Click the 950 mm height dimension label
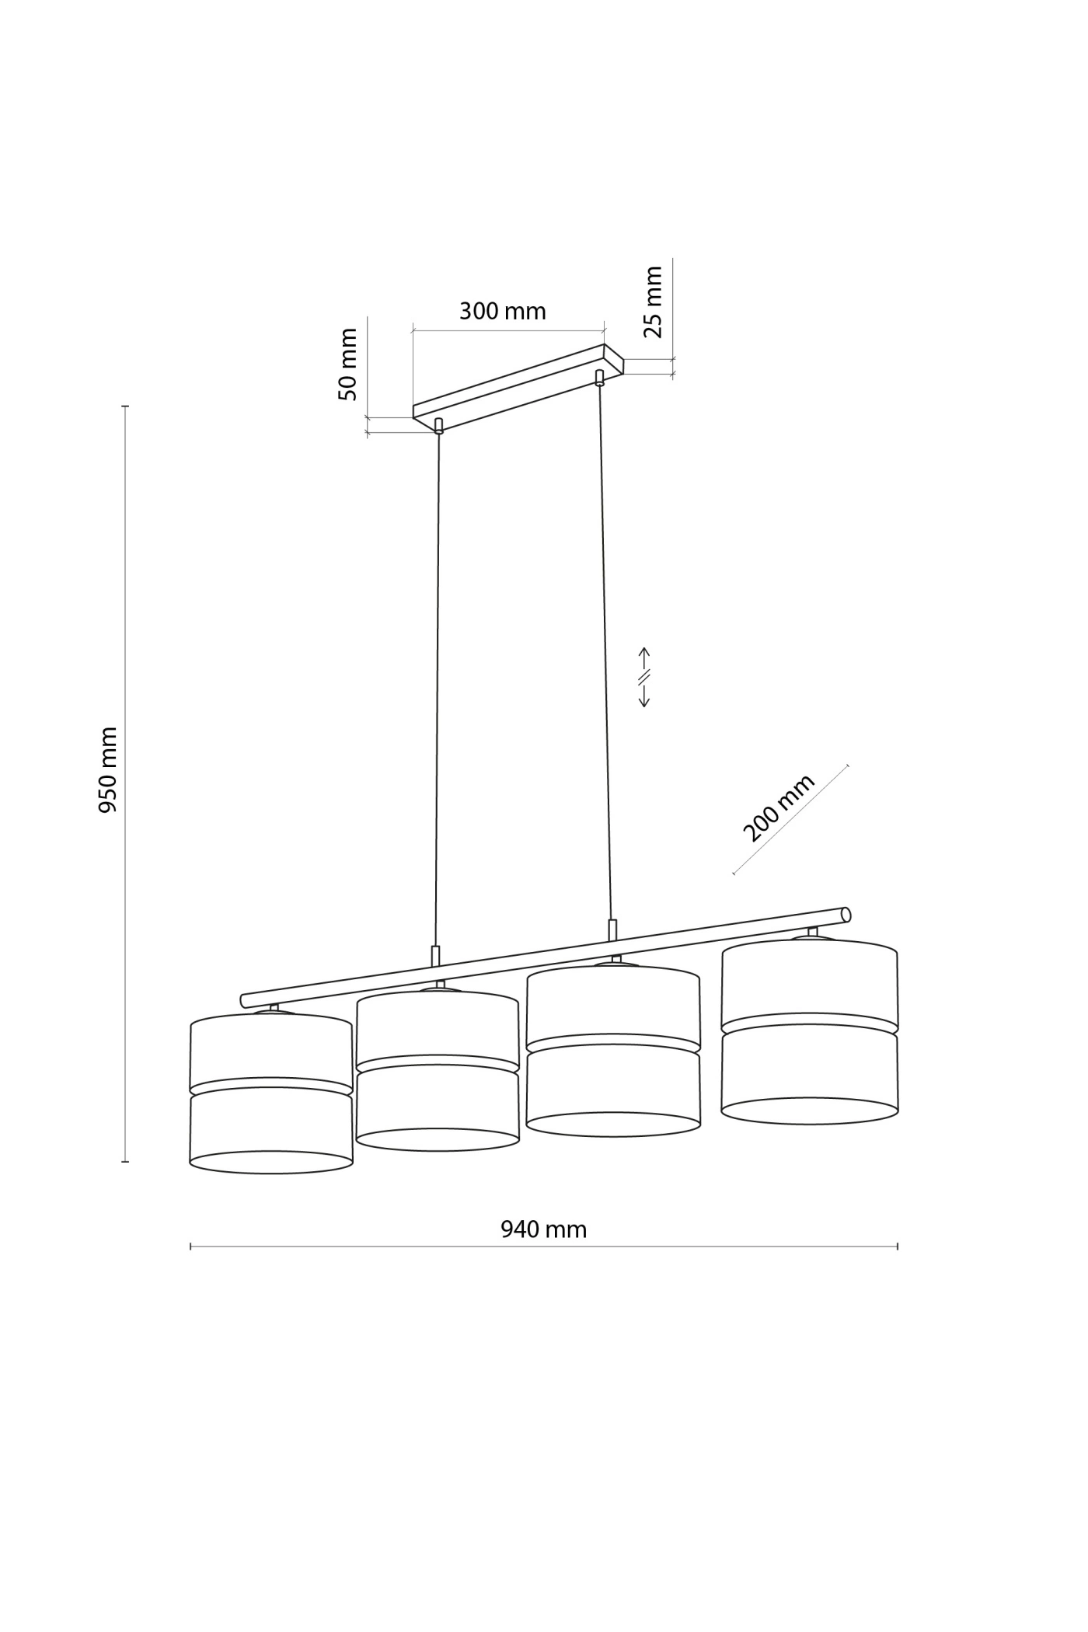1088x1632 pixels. click(108, 769)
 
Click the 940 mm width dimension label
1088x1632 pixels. click(543, 1229)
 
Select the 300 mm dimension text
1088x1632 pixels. click(502, 312)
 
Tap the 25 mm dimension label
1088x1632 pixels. click(654, 302)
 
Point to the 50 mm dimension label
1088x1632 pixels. click(348, 364)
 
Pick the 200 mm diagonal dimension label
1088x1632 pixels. click(779, 808)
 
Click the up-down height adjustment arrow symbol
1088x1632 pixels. click(644, 677)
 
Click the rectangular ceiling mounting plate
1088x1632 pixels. click(518, 386)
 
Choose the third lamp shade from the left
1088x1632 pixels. click(613, 1051)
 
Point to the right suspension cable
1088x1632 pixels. click(605, 653)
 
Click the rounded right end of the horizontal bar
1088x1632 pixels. click(846, 915)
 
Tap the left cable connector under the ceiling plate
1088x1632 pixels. click(439, 425)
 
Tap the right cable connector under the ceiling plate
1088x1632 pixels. click(599, 378)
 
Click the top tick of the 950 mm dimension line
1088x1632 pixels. click(124, 406)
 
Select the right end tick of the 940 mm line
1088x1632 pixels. click(898, 1246)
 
